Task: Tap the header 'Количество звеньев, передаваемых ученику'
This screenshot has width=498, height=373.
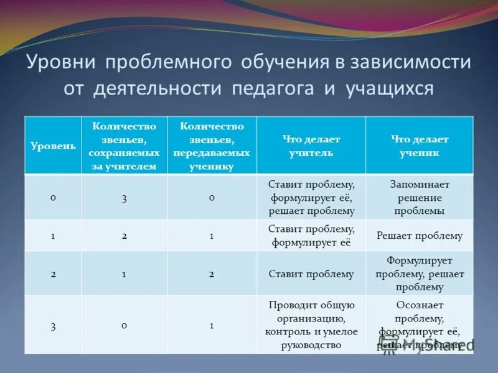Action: pos(212,146)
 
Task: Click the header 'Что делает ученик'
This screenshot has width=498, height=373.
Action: pos(419,146)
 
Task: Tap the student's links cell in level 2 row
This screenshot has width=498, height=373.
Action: pos(212,274)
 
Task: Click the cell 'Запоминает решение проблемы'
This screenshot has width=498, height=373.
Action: pos(419,197)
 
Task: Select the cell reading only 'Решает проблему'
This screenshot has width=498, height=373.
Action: pos(419,236)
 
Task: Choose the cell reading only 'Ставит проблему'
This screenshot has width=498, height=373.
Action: pos(311,274)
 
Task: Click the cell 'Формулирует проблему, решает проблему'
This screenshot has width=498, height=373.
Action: pos(419,274)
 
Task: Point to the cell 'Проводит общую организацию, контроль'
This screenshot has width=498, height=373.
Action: pos(311,325)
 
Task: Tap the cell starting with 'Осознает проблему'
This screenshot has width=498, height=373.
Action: pos(419,325)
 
